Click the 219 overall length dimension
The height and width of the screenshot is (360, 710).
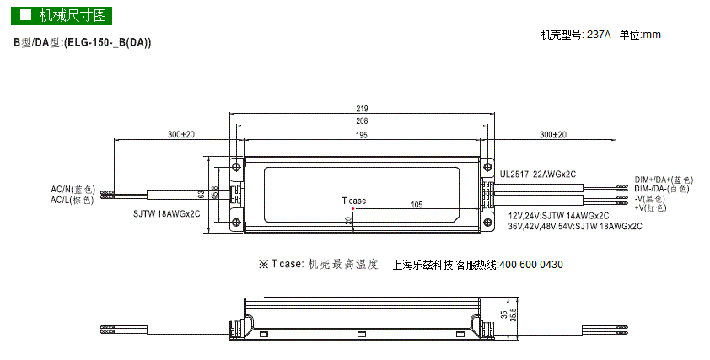tap(362, 109)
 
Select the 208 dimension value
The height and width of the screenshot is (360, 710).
tap(362, 121)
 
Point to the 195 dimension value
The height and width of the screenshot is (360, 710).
tap(362, 135)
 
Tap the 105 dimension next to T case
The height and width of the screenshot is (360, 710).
tap(417, 205)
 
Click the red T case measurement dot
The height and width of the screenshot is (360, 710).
tap(352, 208)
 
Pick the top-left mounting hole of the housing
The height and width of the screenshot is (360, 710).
tap(236, 167)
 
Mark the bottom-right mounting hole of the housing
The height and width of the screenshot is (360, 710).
tap(487, 222)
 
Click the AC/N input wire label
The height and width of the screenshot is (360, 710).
tap(73, 190)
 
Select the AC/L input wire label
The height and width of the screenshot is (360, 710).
tap(73, 200)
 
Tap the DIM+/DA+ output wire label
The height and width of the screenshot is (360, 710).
tap(664, 180)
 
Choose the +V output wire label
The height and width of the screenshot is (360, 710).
tap(651, 208)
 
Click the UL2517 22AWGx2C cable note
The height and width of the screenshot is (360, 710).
tap(538, 175)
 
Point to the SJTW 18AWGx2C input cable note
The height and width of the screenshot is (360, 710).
tap(167, 214)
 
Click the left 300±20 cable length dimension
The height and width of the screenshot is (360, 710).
tap(181, 135)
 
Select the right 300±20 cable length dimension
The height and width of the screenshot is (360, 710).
tap(553, 135)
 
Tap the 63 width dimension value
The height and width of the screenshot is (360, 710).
tap(202, 195)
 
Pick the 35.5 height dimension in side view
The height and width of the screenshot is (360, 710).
tap(513, 315)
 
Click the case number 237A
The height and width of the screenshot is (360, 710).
tap(599, 35)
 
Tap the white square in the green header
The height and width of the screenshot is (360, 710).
tap(26, 15)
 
